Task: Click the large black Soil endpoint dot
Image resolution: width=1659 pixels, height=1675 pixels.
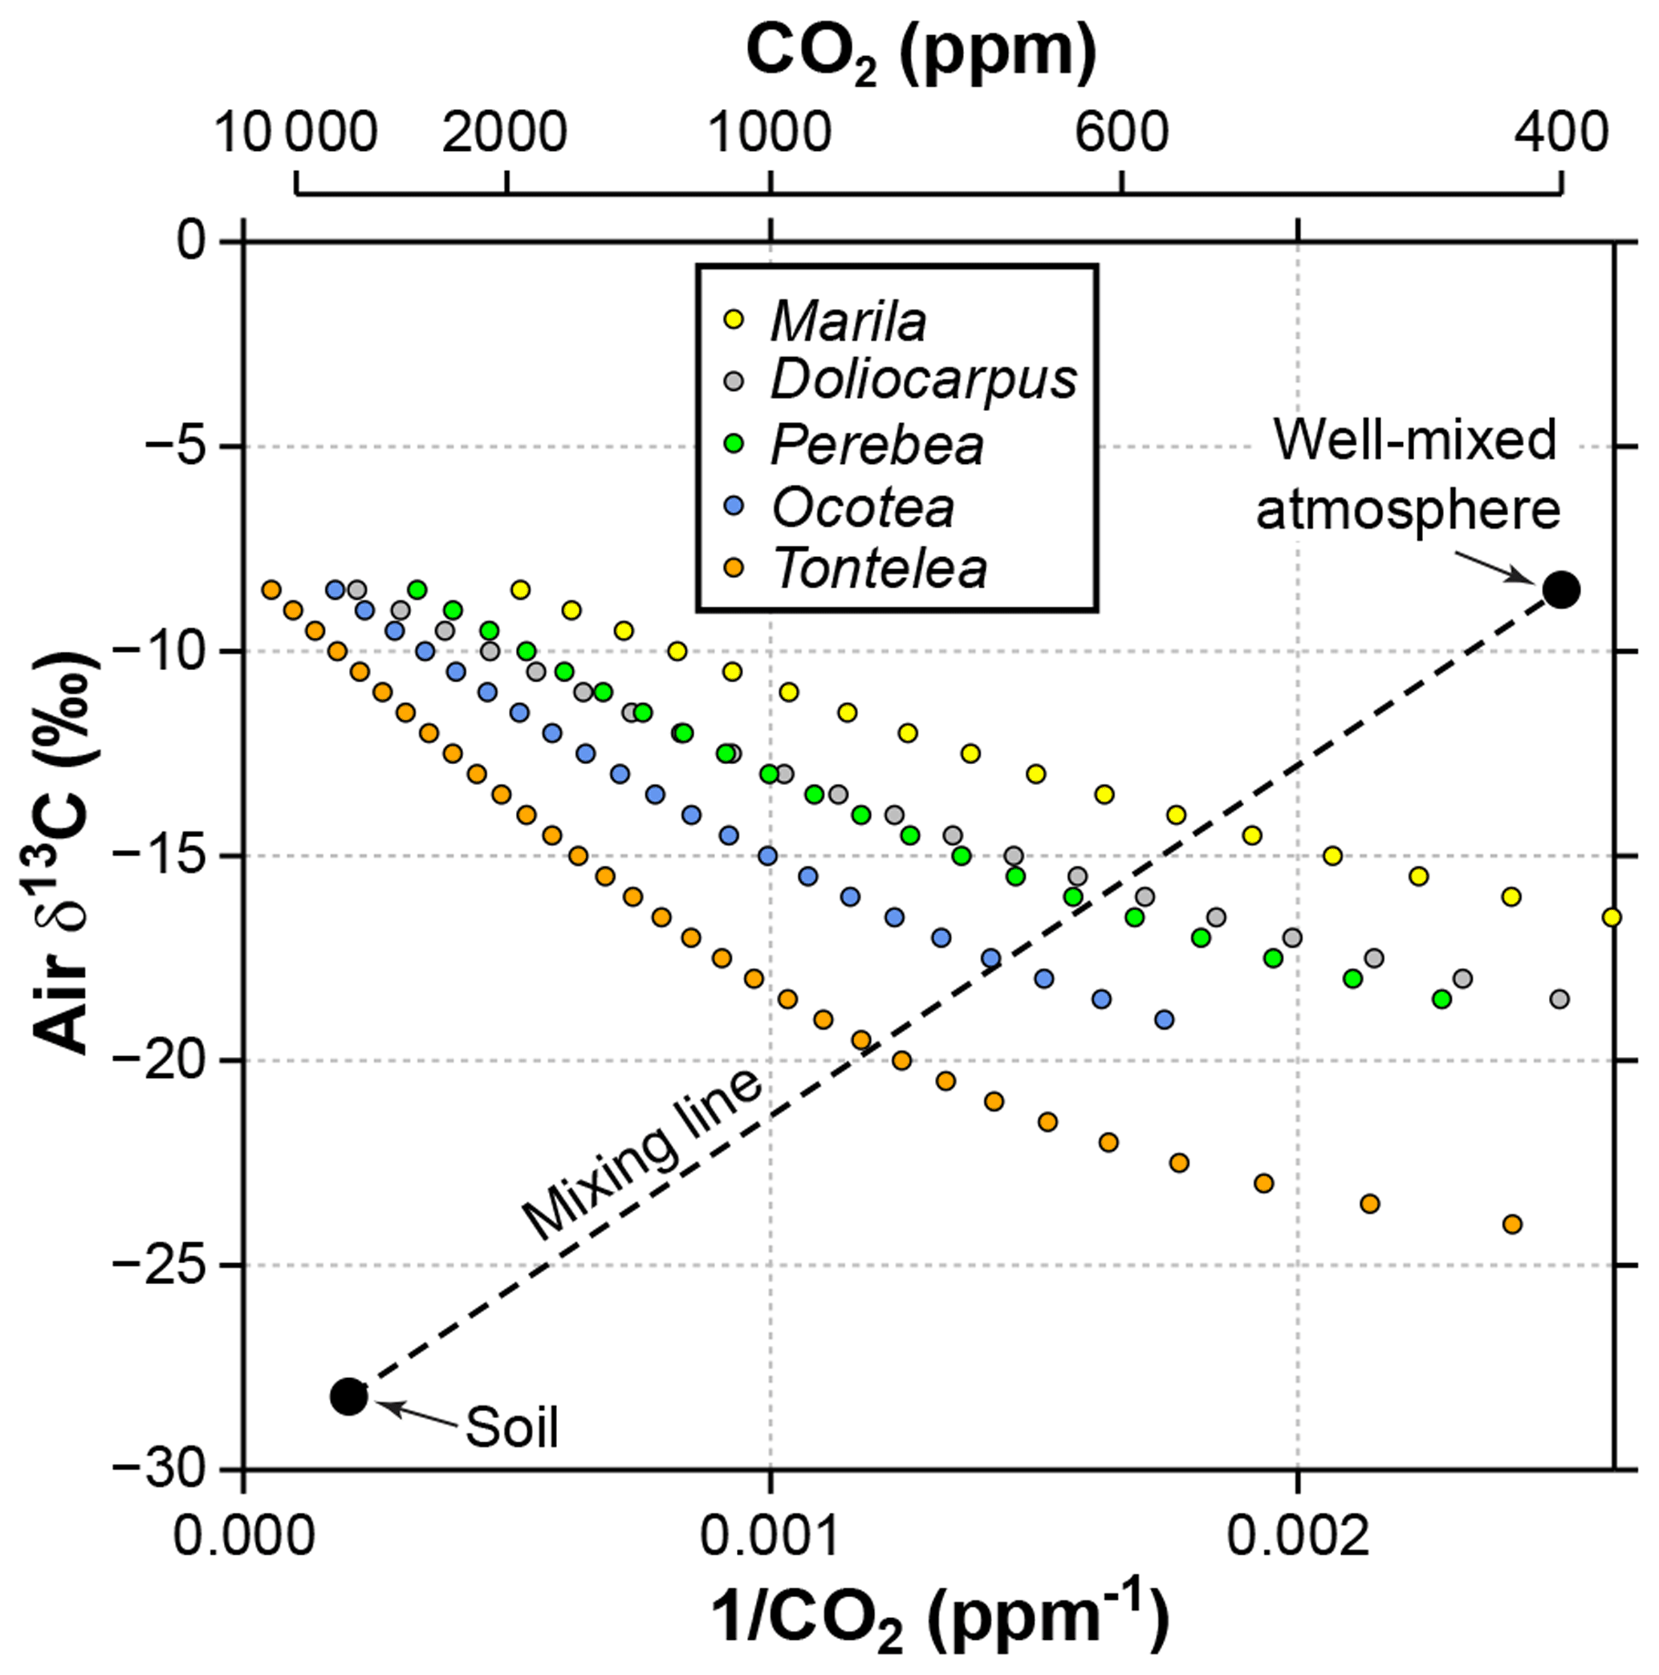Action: pyautogui.click(x=348, y=1396)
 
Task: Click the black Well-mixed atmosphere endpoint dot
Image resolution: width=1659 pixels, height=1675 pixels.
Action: pyautogui.click(x=1561, y=591)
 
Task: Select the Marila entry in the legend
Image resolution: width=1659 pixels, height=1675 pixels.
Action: pyautogui.click(x=848, y=322)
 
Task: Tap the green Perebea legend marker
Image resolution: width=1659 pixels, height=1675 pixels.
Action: pyautogui.click(x=734, y=444)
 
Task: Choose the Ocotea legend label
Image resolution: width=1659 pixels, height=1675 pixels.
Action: pyautogui.click(x=863, y=507)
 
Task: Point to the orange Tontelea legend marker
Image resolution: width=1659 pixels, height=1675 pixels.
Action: pyautogui.click(x=734, y=568)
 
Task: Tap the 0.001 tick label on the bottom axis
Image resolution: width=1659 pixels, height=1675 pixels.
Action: pyautogui.click(x=770, y=1535)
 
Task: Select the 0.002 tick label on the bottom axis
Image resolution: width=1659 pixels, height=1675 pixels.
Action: pyautogui.click(x=1296, y=1535)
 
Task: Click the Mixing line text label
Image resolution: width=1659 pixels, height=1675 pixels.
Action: pyautogui.click(x=642, y=1157)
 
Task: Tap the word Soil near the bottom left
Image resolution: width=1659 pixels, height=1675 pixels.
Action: pyautogui.click(x=511, y=1427)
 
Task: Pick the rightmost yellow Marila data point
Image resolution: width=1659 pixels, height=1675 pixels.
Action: pyautogui.click(x=1610, y=917)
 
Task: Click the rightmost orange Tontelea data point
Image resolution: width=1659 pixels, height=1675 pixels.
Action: pyautogui.click(x=1511, y=1224)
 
